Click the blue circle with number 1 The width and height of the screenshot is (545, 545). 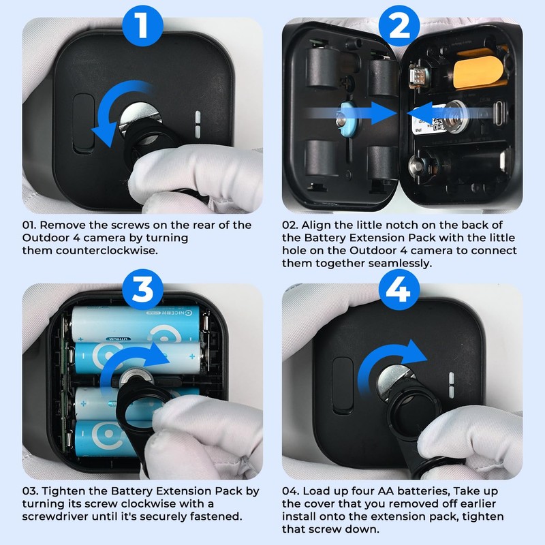click(x=142, y=26)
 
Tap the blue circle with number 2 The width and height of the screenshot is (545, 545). click(x=399, y=26)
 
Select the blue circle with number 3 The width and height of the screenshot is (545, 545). click(x=142, y=289)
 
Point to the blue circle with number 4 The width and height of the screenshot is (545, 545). click(x=399, y=289)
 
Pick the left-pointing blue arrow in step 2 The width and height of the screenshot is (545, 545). click(x=448, y=113)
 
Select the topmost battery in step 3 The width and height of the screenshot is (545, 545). click(x=136, y=324)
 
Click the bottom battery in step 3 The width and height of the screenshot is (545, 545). click(x=104, y=439)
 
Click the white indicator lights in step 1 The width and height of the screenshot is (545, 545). click(x=198, y=125)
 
